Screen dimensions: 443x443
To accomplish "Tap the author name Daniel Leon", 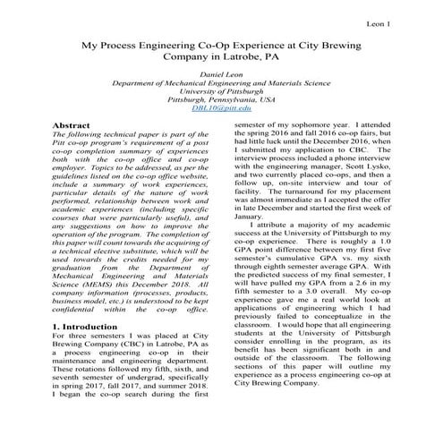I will pyautogui.click(x=221, y=72).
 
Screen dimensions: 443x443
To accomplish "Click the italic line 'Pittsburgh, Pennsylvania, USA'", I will pyautogui.click(x=221, y=99).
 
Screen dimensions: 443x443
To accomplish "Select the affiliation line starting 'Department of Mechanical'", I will pyautogui.click(x=221, y=81).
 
